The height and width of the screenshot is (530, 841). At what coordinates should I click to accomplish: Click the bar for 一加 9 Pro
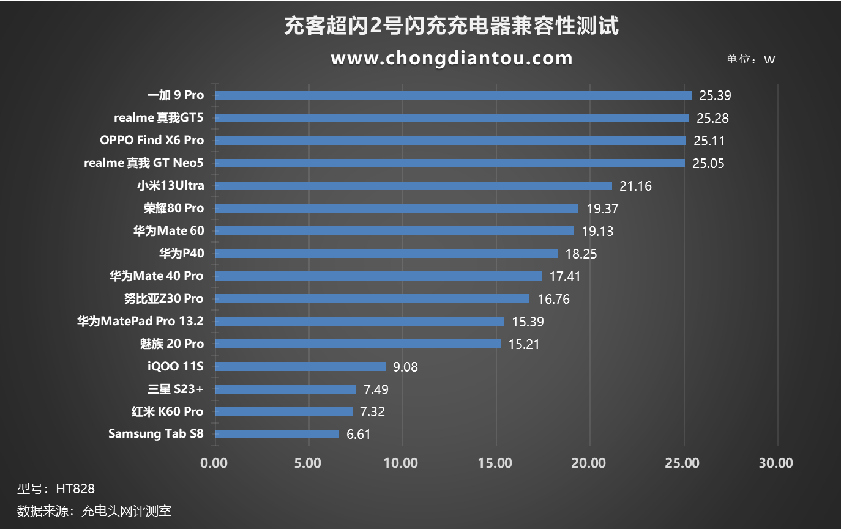pos(453,95)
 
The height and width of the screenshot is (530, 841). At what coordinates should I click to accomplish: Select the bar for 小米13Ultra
pos(413,186)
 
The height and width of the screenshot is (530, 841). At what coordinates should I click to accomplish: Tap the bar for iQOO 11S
pos(300,366)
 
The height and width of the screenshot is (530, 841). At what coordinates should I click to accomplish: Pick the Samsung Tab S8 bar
pos(277,434)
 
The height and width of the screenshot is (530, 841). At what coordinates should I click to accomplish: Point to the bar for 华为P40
pos(386,253)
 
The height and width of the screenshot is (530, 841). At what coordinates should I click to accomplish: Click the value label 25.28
pos(712,118)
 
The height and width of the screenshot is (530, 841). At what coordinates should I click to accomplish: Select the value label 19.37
pos(602,208)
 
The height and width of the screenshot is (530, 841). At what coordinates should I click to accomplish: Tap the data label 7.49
pos(376,389)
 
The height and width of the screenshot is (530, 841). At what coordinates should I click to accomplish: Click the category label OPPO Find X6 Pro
pos(152,140)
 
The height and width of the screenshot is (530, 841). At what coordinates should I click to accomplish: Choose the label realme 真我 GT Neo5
pos(144,163)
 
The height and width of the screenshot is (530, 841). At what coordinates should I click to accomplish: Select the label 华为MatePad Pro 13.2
pos(140,321)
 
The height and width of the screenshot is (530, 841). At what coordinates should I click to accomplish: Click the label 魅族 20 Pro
pos(172,344)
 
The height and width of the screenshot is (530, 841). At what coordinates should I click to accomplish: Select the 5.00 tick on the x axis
pos(308,463)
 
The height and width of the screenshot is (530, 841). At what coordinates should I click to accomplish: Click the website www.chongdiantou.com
pos(452,58)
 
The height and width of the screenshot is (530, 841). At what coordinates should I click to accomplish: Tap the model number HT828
pos(75,489)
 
